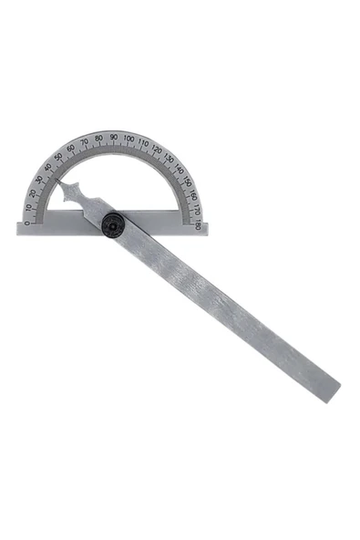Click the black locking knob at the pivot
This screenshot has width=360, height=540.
[113, 224]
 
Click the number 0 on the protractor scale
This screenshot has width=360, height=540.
[26, 222]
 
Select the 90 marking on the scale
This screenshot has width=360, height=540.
[113, 138]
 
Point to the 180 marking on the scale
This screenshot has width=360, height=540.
[197, 223]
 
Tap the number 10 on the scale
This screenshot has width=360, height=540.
[28, 207]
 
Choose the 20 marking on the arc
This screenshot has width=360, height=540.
[32, 192]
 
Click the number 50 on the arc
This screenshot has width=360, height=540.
[57, 157]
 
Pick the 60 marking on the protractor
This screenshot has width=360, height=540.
[70, 148]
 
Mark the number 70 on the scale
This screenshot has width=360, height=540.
[84, 141]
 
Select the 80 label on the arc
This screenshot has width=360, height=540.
[98, 139]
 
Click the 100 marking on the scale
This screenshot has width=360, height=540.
[129, 140]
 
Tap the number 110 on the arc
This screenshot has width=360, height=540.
[143, 143]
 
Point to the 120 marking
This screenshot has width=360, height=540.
[157, 150]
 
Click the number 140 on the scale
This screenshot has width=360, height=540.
[179, 170]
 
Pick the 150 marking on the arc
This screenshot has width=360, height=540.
[187, 182]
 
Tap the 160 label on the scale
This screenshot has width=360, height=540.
[192, 195]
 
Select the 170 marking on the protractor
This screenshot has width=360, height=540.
[196, 210]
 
